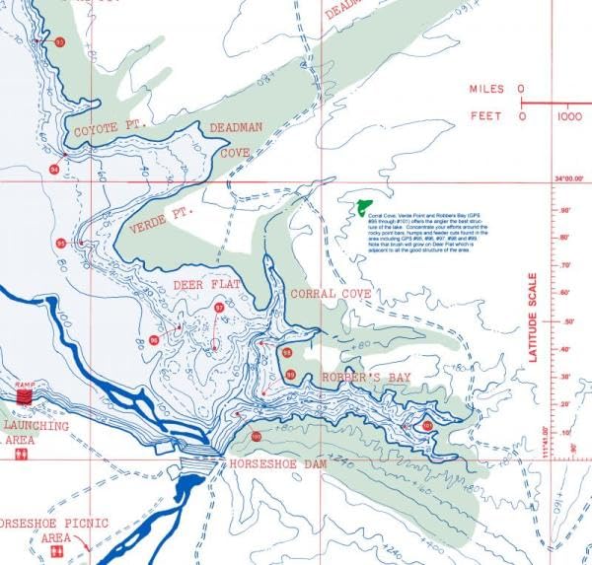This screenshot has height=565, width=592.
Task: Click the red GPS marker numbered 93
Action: click(x=60, y=42)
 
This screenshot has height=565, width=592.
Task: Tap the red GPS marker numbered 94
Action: click(x=54, y=170)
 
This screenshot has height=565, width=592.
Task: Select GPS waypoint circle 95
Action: click(x=61, y=244)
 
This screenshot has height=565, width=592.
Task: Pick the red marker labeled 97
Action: click(x=219, y=309)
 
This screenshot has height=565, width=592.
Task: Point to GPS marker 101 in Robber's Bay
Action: click(x=427, y=425)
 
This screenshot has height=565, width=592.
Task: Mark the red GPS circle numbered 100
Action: click(x=257, y=437)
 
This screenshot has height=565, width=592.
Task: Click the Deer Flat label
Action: click(x=206, y=285)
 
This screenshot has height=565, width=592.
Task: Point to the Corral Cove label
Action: click(x=331, y=294)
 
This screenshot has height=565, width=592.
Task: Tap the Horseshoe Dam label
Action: click(x=277, y=462)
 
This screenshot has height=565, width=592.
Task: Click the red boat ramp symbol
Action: click(x=25, y=395)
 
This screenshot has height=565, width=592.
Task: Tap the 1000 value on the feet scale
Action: click(x=568, y=116)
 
